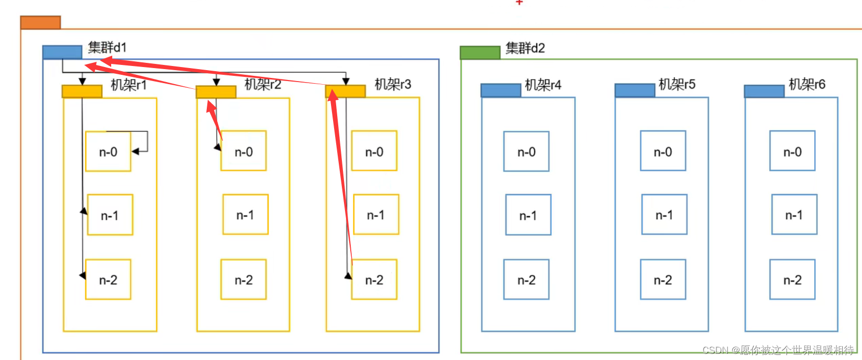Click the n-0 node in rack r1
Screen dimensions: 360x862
(108, 152)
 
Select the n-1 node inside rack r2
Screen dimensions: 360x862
(245, 215)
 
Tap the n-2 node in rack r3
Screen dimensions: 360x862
(374, 280)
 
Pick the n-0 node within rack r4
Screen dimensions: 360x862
(526, 152)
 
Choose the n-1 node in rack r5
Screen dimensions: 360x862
(664, 215)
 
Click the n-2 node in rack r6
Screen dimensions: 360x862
(792, 280)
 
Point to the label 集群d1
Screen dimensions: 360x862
(107, 47)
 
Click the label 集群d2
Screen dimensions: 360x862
(525, 48)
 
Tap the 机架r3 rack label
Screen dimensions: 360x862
(393, 84)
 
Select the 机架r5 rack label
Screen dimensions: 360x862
(677, 84)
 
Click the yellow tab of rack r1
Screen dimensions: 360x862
(82, 91)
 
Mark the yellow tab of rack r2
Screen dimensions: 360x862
(216, 92)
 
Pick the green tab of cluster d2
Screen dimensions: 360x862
(480, 52)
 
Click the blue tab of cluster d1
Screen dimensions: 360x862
(62, 52)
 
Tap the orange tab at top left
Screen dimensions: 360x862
(41, 22)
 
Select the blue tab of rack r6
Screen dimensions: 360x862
(764, 91)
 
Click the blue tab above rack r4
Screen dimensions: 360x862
(500, 90)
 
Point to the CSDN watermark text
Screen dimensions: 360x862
(778, 350)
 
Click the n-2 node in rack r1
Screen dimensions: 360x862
(108, 280)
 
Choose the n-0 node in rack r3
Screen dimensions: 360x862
(374, 152)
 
